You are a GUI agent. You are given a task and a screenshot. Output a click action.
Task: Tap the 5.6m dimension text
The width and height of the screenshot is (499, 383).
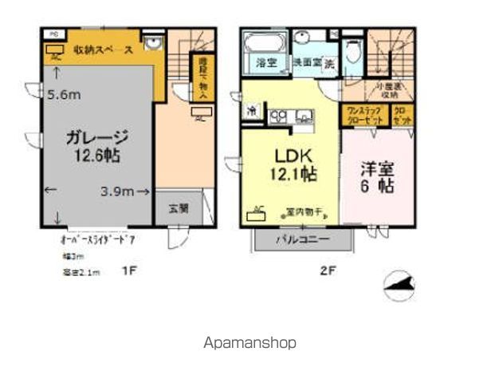tap(63, 94)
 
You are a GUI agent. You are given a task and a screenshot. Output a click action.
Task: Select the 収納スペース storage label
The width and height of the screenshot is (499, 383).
tap(103, 49)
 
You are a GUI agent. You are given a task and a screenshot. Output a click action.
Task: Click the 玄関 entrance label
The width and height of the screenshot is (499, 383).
tap(178, 209)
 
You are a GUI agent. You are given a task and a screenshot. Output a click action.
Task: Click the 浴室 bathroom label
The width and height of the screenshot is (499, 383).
tap(265, 62)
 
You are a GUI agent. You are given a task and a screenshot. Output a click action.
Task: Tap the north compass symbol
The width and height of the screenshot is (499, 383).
tap(399, 285)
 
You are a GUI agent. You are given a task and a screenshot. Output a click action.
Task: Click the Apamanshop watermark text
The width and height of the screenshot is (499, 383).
tap(249, 342)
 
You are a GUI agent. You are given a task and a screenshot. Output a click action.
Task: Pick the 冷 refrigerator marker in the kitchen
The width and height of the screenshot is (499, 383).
tap(252, 113)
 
